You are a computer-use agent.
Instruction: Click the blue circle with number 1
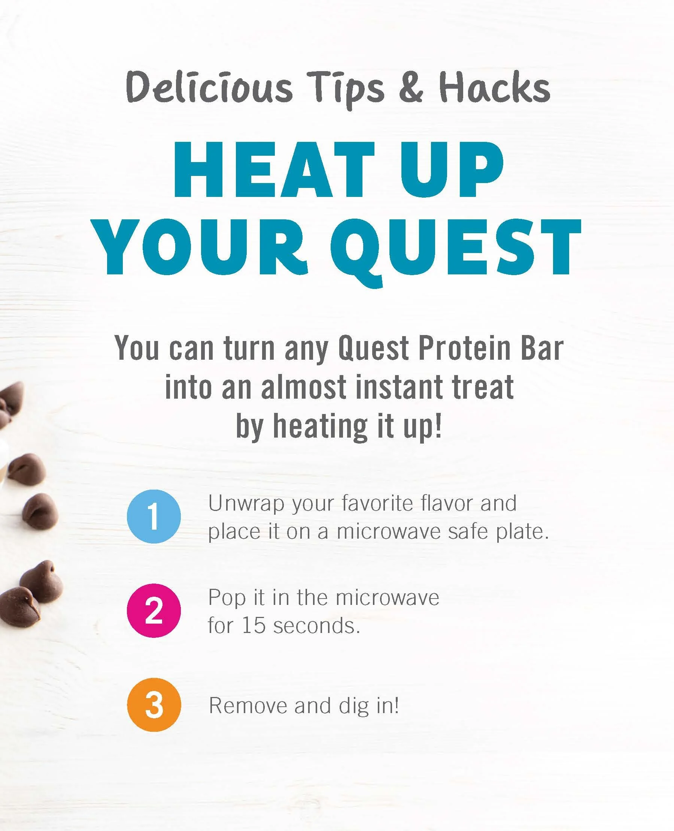pos(154,516)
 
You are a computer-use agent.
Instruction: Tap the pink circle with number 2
pos(154,611)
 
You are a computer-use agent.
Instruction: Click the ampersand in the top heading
pos(411,88)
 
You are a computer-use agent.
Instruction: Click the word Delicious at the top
pos(209,88)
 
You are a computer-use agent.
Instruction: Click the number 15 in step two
pos(253,625)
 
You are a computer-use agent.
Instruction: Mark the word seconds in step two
pos(316,625)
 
